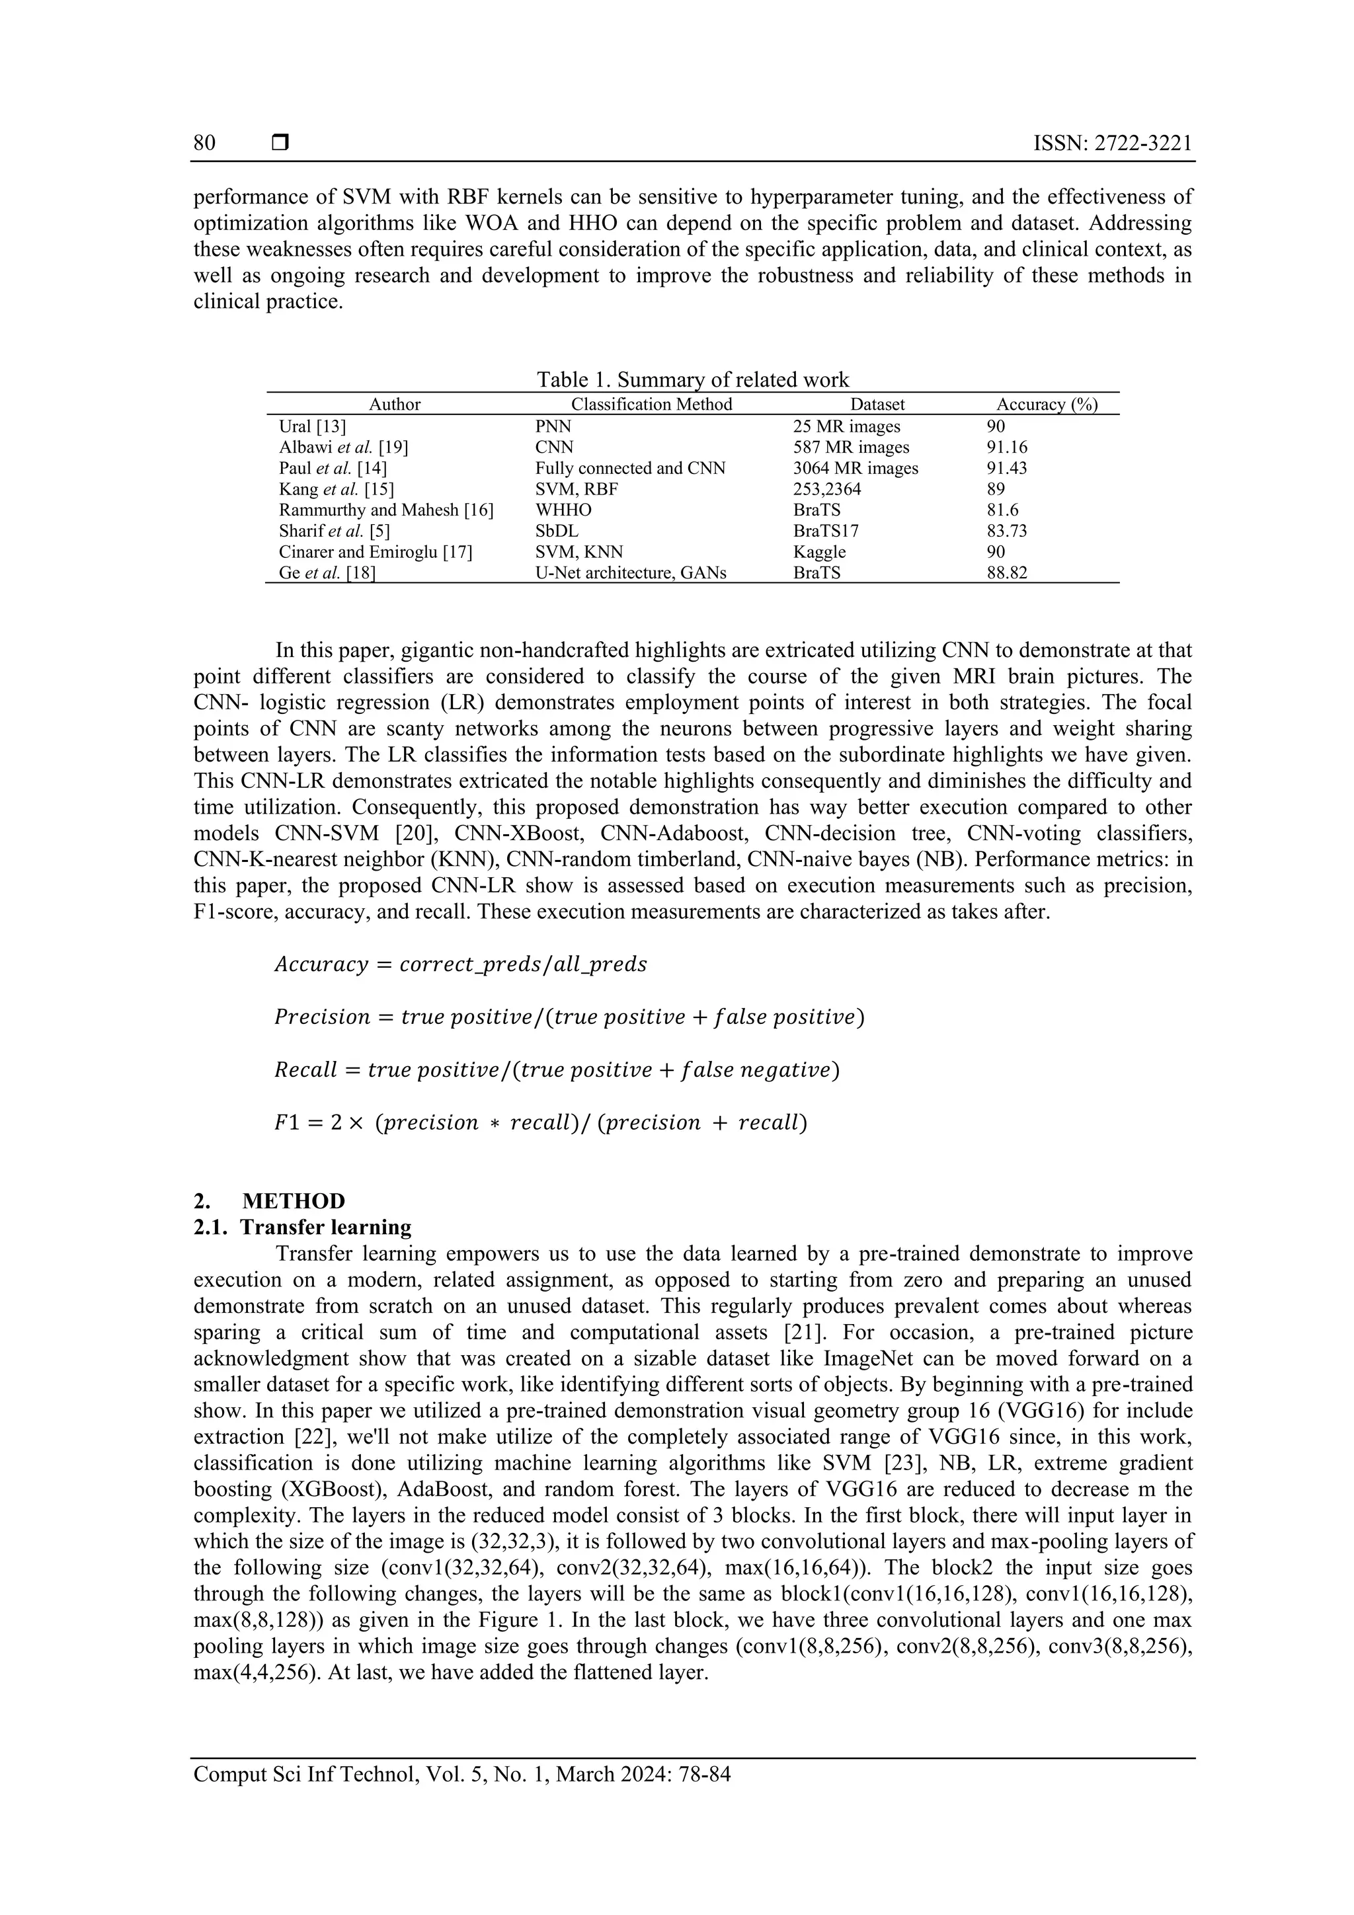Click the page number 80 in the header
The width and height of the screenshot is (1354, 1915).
[204, 143]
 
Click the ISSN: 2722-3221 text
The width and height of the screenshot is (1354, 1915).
[1112, 143]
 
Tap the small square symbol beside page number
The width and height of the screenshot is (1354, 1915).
[280, 143]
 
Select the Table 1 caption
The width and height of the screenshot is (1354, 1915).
[692, 380]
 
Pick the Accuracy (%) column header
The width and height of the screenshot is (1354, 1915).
[1047, 405]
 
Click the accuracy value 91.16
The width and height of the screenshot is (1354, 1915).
[1007, 447]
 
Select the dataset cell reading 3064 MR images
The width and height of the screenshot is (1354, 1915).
[855, 468]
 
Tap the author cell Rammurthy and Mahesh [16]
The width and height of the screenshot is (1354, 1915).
[386, 510]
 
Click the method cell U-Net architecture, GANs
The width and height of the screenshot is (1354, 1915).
[631, 573]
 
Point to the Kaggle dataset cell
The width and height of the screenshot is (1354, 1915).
[819, 551]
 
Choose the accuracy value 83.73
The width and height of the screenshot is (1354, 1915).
[1007, 530]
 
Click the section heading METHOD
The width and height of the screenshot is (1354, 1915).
[293, 1201]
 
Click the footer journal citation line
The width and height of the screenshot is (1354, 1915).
[462, 1774]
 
